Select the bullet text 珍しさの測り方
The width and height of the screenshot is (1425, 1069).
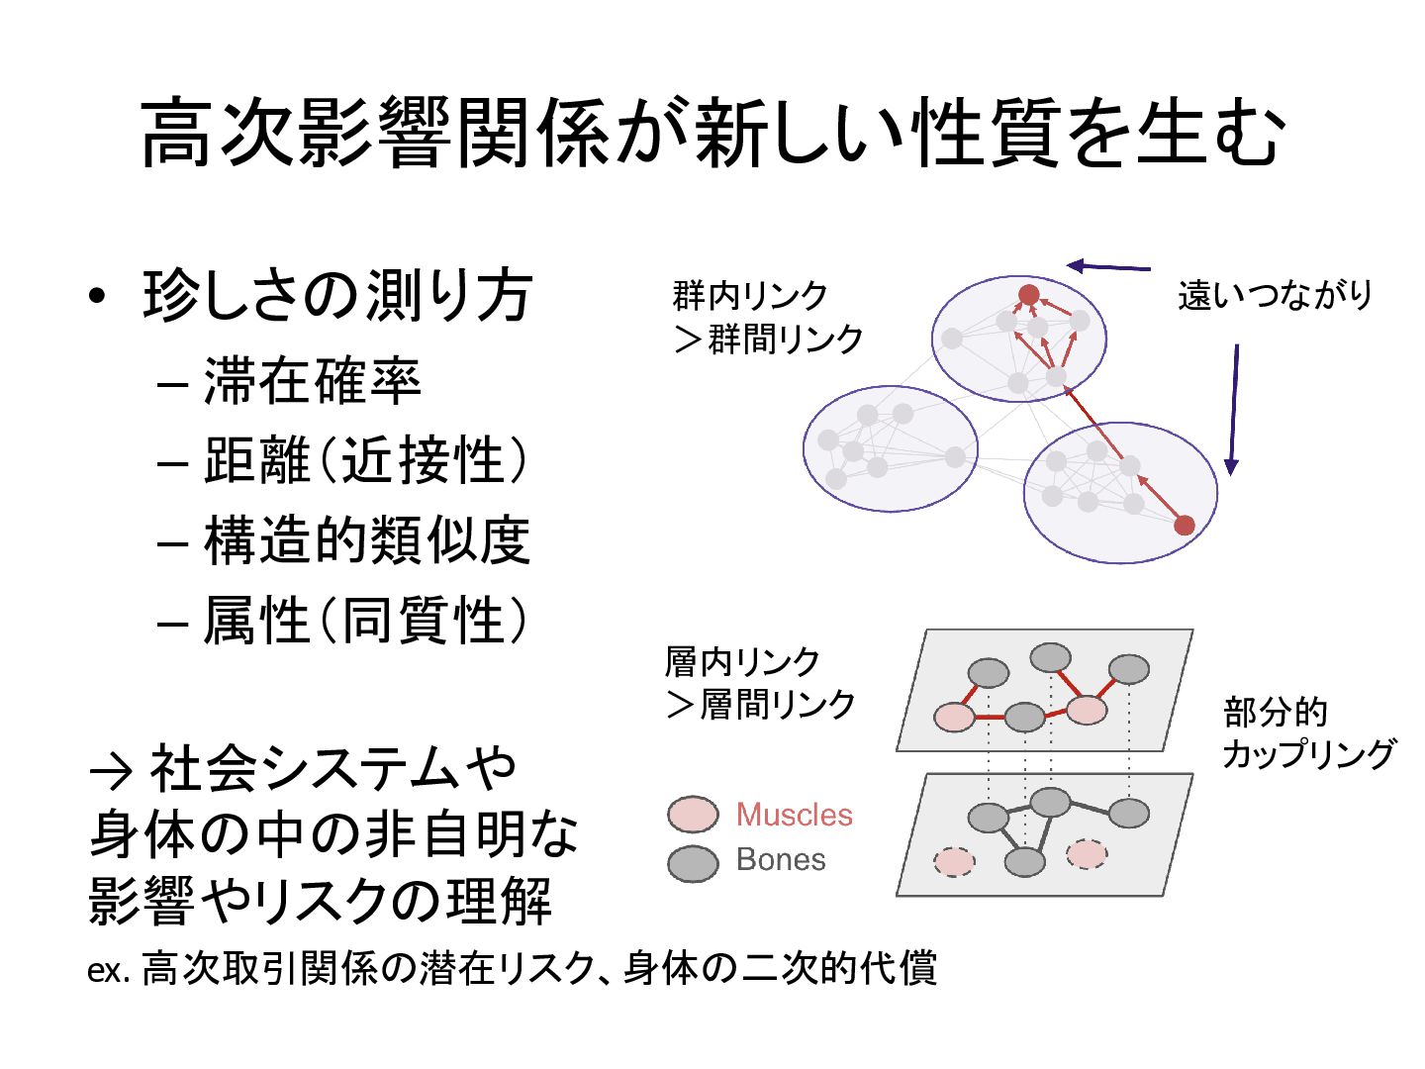click(337, 295)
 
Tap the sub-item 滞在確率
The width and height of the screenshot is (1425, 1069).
click(312, 381)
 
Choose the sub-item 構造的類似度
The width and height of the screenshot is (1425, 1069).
click(367, 540)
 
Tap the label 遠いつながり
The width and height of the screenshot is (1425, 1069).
click(1275, 295)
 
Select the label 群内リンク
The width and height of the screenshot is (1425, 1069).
click(750, 295)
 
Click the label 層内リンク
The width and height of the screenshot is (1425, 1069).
click(742, 661)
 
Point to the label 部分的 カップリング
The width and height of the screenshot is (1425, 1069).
click(1306, 732)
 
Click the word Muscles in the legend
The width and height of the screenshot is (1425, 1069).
click(794, 815)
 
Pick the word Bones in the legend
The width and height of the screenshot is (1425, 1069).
click(780, 859)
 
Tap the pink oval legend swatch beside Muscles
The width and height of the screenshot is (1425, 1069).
click(693, 815)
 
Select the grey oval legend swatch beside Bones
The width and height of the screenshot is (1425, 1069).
click(693, 863)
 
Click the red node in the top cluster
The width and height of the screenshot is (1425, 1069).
click(1029, 294)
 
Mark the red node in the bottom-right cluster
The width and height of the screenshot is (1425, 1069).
click(1184, 525)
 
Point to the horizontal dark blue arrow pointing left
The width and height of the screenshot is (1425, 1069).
click(1108, 265)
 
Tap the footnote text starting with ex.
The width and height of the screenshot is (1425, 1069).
click(512, 968)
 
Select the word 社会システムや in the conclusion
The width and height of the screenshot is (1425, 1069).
click(332, 767)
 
